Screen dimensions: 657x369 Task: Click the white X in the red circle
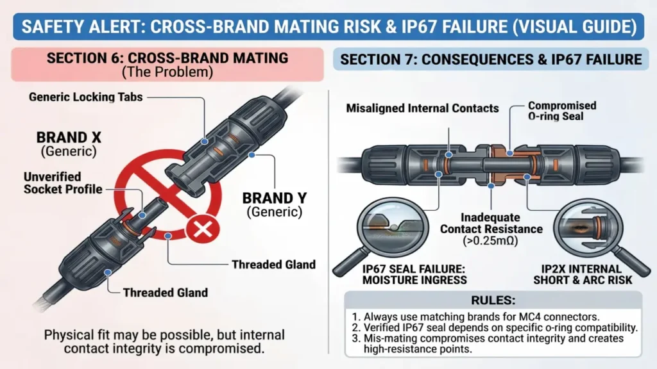point(203,230)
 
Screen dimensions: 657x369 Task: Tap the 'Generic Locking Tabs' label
point(86,97)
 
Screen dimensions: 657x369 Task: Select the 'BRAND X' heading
point(69,138)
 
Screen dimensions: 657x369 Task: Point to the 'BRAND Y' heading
point(275,198)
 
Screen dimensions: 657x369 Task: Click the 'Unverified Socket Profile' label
point(63,183)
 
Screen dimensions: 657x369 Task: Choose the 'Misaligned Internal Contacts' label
point(422,108)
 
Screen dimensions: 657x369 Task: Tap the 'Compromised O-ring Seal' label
point(562,111)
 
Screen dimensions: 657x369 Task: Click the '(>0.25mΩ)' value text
point(490,241)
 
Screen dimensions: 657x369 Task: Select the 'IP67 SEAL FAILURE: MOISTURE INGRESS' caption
point(414,274)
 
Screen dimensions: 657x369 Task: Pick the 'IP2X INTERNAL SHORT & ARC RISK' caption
point(583,274)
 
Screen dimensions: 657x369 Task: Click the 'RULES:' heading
point(493,300)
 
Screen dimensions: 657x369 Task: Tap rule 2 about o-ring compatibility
point(495,327)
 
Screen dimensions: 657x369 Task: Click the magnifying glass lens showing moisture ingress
point(393,228)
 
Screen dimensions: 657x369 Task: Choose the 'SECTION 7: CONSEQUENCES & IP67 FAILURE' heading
point(491,60)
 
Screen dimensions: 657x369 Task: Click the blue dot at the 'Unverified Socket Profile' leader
point(142,215)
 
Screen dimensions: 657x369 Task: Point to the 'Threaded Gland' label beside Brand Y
point(273,265)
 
